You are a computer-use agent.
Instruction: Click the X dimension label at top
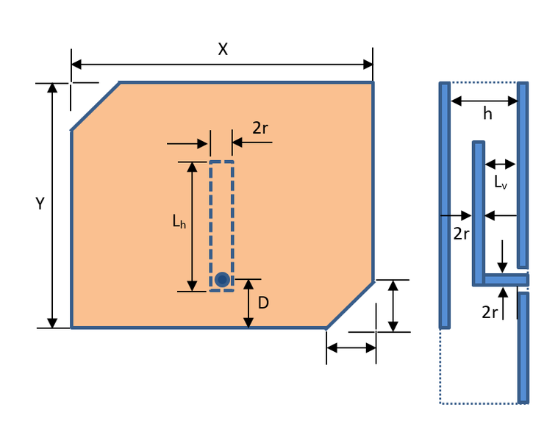(223, 49)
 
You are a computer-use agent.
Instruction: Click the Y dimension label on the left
(40, 204)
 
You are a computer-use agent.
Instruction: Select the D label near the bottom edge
(263, 302)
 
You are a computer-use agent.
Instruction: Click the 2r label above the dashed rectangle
(260, 128)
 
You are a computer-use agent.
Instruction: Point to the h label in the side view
(487, 113)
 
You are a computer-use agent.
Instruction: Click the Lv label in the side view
(501, 181)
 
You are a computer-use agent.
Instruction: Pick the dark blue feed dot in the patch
(222, 279)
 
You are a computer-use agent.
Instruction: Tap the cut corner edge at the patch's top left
(96, 107)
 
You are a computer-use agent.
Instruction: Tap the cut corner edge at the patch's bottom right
(350, 303)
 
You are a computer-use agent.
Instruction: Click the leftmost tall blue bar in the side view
(444, 205)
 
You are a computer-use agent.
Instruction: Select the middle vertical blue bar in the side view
(478, 213)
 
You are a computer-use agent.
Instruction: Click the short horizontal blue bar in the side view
(506, 279)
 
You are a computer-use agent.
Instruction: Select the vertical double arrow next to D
(248, 303)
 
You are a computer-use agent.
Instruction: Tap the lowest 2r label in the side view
(490, 312)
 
